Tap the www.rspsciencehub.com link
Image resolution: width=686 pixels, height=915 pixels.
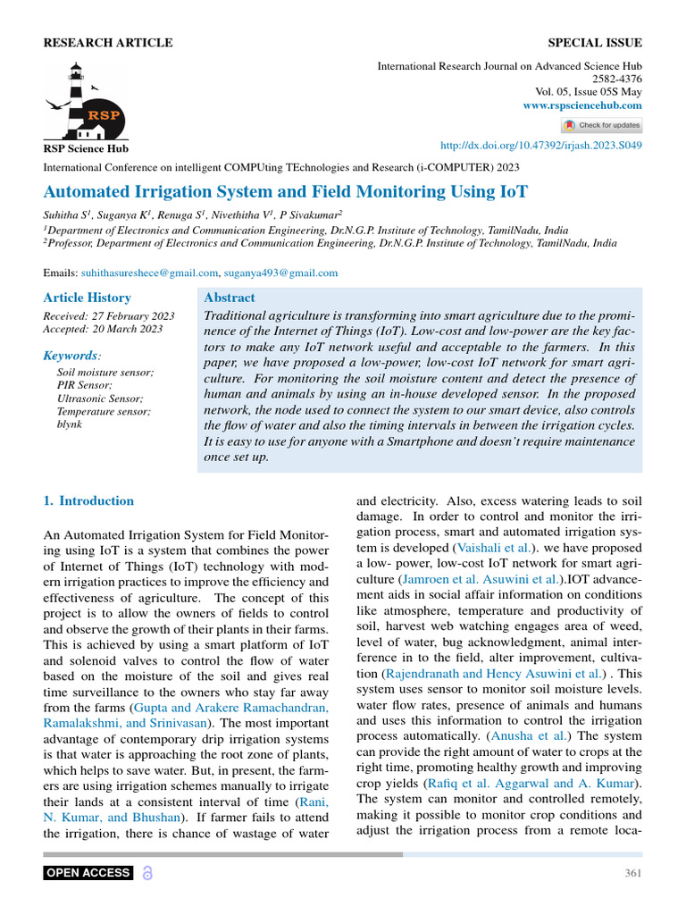[x=582, y=105]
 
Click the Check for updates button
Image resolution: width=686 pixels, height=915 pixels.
[x=601, y=125]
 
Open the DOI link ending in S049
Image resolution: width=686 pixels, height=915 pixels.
[x=542, y=146]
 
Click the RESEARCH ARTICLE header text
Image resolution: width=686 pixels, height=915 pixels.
[x=108, y=43]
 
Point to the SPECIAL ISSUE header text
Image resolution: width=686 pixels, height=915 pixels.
[x=594, y=43]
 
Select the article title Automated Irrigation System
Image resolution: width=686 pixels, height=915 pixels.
[x=286, y=191]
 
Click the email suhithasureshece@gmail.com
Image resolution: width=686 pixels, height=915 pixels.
[x=150, y=273]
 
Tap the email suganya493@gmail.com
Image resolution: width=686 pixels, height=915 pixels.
[x=281, y=273]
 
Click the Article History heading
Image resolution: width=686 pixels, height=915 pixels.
[x=88, y=298]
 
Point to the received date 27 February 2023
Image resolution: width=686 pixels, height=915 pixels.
[x=109, y=316]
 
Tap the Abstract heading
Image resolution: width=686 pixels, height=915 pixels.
[x=230, y=298]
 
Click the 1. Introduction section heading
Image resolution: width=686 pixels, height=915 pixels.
[x=89, y=500]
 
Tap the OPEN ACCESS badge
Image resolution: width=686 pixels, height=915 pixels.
[x=88, y=873]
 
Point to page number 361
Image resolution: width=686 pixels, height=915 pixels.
[x=632, y=873]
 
